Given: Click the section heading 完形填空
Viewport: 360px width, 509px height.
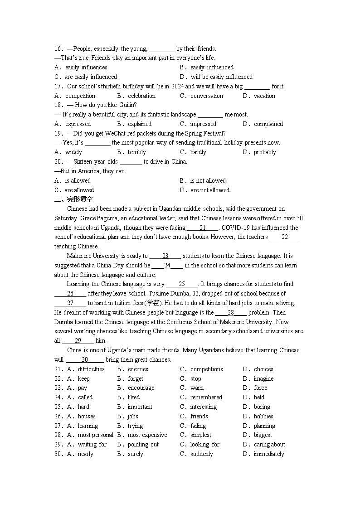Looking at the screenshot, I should [79, 199].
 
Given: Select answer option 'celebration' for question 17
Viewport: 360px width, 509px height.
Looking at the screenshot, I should [141, 96].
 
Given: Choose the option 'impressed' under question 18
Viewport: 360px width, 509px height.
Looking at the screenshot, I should [203, 124].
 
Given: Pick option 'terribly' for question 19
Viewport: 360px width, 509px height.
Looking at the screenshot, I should [136, 152].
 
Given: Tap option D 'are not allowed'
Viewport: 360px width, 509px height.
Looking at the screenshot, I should [210, 190].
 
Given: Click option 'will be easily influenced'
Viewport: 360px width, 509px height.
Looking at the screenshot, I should [221, 77].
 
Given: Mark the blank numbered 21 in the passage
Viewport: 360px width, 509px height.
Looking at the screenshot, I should [203, 228].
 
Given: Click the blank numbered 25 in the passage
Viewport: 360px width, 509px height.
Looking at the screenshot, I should [182, 284].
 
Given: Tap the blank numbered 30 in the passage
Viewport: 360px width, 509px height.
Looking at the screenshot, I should [85, 360].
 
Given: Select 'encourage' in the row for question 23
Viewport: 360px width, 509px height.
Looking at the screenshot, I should [141, 388].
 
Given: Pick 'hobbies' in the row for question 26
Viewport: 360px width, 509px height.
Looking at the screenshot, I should [263, 416].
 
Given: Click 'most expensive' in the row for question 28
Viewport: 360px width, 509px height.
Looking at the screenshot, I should [147, 435].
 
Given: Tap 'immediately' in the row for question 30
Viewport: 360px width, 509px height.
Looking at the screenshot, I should [269, 454].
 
